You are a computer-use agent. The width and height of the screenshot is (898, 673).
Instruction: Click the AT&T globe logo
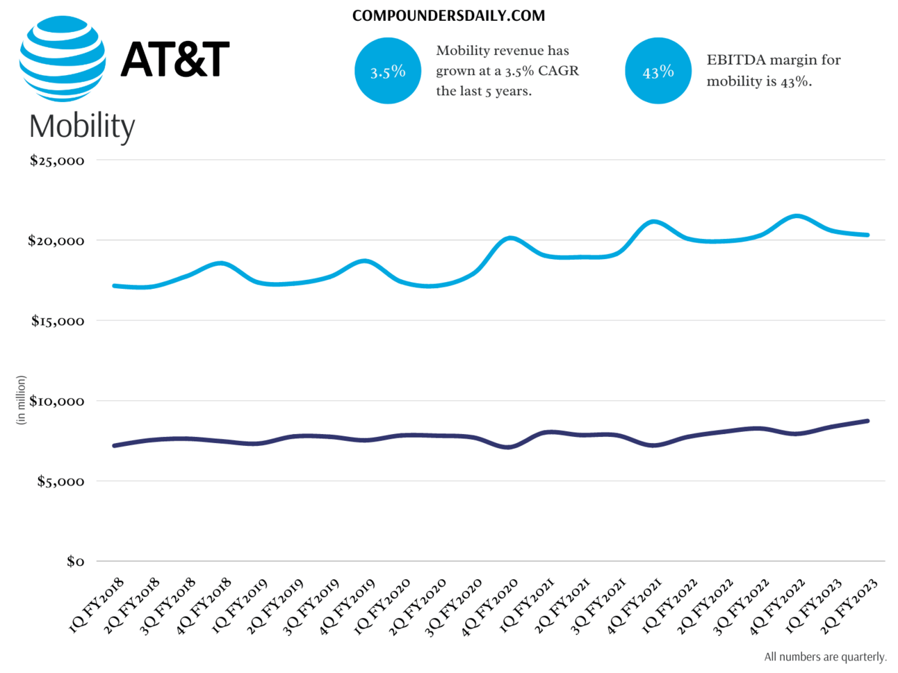coord(63,59)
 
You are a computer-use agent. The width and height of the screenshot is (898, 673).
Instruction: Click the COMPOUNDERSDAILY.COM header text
coord(448,15)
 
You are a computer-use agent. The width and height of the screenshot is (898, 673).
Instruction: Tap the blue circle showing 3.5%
coord(387,71)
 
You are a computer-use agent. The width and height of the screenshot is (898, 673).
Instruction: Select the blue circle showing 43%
coord(658,71)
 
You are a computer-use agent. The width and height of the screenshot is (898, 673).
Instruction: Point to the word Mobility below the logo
coord(82,126)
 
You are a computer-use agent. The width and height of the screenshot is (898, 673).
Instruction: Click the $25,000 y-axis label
coord(57,160)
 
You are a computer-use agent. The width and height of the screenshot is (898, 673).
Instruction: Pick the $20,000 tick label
coord(56,241)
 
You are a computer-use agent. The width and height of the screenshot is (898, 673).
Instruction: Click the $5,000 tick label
coord(60,481)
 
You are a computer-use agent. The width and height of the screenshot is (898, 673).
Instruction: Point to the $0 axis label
coord(75,561)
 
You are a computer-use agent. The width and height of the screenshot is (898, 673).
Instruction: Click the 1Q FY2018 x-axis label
coord(97,604)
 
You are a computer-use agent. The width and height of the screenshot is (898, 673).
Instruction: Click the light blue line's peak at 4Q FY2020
coord(510,238)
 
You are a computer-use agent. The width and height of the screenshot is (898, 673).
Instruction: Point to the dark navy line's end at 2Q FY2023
coord(867,421)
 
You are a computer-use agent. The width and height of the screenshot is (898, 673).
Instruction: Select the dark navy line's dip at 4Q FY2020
coord(509,447)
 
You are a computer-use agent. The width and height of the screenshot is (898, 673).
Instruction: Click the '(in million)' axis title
coord(21,400)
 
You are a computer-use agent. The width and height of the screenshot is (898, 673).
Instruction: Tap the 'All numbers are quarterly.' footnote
coord(825,656)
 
